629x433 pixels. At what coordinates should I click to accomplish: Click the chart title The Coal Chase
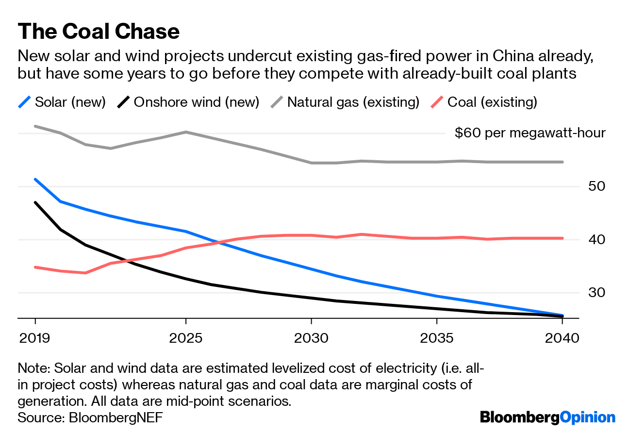(x=99, y=32)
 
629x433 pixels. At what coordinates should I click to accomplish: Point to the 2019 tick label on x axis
(x=35, y=337)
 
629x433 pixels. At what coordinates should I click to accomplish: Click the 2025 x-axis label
(x=186, y=337)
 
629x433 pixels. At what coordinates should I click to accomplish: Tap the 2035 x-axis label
(x=437, y=337)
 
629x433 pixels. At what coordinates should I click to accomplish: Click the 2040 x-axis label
(x=562, y=337)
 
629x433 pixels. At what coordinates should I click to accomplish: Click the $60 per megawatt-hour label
(x=530, y=133)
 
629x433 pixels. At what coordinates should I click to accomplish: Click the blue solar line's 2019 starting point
(x=35, y=179)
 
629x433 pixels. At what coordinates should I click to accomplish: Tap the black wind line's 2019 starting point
(x=35, y=202)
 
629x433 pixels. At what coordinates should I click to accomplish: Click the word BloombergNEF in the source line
(x=116, y=417)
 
